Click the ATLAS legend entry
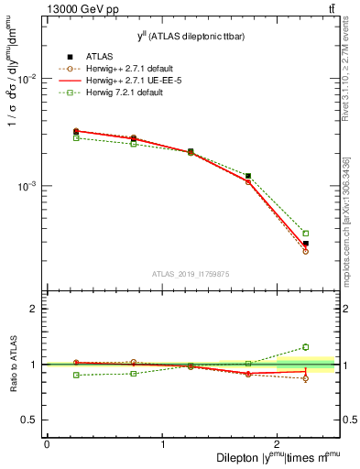(x=89, y=55)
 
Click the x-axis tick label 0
(x=47, y=443)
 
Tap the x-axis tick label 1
(x=162, y=443)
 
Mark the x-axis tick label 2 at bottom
(x=278, y=443)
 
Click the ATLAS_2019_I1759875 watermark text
(x=191, y=273)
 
